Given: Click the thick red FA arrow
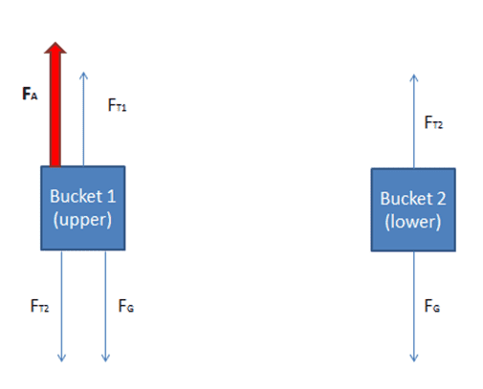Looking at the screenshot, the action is point(55,104).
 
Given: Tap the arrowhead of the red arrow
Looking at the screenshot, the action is point(55,48).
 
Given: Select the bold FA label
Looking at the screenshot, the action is point(30,94).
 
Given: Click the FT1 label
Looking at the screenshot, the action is point(117,105).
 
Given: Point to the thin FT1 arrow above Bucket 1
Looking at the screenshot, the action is point(83,119).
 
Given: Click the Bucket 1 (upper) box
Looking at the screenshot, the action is point(83,208).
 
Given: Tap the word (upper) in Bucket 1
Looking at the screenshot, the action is point(82,220).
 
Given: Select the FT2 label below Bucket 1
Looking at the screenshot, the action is point(39,306).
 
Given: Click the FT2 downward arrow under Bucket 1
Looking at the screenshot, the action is point(61,306).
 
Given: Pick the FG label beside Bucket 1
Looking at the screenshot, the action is point(126,306).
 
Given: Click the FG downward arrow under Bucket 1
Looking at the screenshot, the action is point(105,306).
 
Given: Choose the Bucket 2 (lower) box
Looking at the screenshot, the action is point(413,210).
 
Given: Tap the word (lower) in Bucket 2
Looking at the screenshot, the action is point(413,222).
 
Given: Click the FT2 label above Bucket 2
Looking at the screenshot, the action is point(433,122).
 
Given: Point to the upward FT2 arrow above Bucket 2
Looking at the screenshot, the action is point(414,121).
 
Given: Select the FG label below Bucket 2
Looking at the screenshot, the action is point(432,306).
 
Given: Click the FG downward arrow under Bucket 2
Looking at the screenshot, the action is point(414,307).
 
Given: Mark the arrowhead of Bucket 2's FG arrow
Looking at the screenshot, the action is point(414,358).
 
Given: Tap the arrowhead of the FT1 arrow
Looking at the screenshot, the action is point(83,76).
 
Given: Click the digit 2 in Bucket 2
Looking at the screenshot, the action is point(441,199).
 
